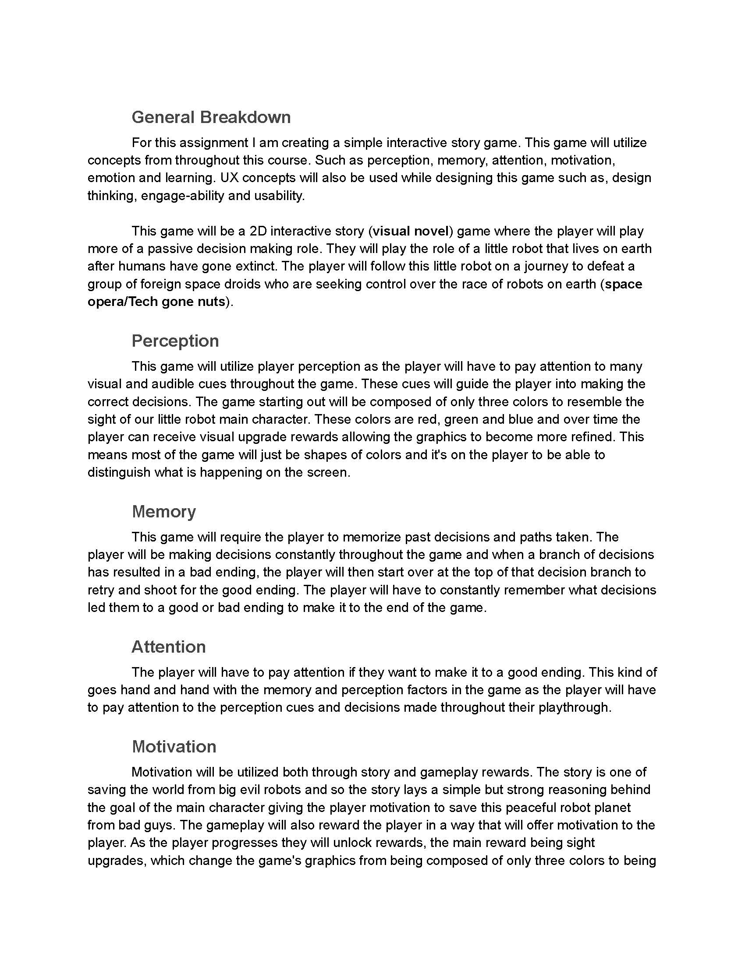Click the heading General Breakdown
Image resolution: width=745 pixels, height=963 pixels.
coord(211,117)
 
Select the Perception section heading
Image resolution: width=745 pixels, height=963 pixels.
coord(175,341)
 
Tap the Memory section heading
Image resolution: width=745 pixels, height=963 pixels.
coord(164,511)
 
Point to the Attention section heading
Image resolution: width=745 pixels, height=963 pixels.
coord(169,647)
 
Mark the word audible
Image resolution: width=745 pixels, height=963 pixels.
coord(173,384)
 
